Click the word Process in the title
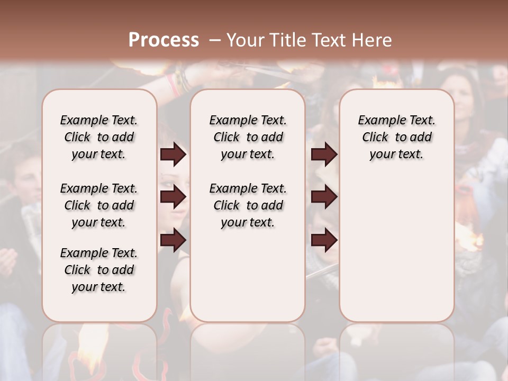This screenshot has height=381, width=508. pyautogui.click(x=164, y=40)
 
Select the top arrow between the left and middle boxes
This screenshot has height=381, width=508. pyautogui.click(x=173, y=155)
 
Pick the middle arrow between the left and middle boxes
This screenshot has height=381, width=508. pyautogui.click(x=173, y=197)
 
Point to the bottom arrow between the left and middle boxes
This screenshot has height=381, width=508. pyautogui.click(x=173, y=240)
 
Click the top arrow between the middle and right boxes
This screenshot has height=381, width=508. pyautogui.click(x=324, y=155)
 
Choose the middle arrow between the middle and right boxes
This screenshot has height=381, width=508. pyautogui.click(x=324, y=197)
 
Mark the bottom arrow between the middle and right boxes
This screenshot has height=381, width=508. pyautogui.click(x=324, y=240)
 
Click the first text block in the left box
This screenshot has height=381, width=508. pyautogui.click(x=99, y=137)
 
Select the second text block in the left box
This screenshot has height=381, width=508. pyautogui.click(x=99, y=205)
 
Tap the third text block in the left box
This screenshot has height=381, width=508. pyautogui.click(x=99, y=270)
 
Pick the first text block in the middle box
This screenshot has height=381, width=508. pyautogui.click(x=248, y=137)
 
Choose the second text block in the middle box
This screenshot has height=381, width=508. pyautogui.click(x=248, y=205)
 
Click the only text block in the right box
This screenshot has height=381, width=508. pyautogui.click(x=396, y=137)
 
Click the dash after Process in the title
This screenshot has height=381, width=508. pyautogui.click(x=214, y=40)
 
